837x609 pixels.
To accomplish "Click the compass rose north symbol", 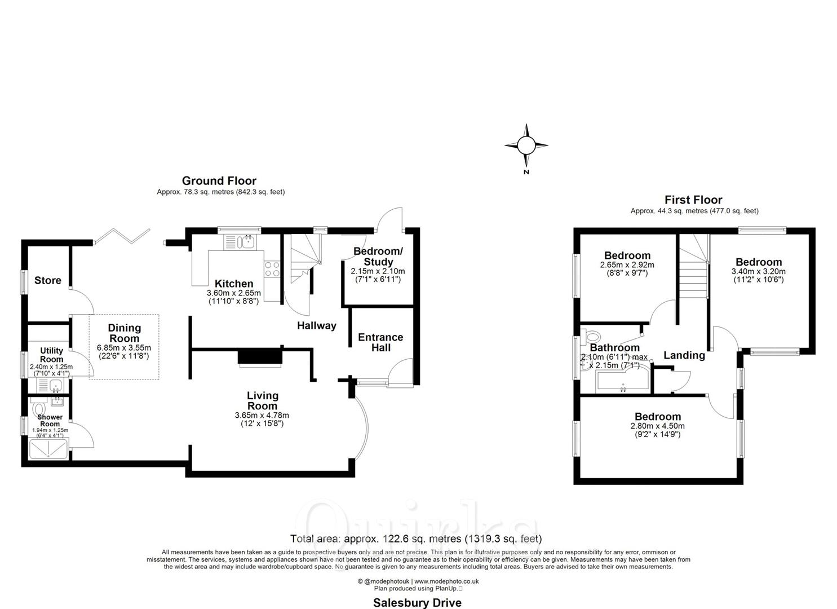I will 526,146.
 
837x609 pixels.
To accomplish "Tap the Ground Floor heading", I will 219,181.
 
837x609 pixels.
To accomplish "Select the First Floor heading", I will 693,200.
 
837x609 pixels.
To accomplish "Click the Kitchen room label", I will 234,284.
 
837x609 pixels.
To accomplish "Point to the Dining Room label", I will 124,333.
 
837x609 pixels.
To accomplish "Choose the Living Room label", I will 262,400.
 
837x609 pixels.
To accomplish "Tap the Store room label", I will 48,281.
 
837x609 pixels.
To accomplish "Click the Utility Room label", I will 51,355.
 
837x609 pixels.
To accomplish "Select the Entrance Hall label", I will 380,342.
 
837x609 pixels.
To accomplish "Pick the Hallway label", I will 316,325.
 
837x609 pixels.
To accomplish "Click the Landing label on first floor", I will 684,355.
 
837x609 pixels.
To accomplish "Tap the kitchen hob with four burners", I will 272,269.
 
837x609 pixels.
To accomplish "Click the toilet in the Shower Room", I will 39,407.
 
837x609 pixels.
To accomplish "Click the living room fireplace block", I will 260,357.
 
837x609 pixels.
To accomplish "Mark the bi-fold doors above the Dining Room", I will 122,236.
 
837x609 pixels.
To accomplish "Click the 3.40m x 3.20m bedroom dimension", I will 758,271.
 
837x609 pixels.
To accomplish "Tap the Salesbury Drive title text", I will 417,603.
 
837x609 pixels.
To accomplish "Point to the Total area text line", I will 416,539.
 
